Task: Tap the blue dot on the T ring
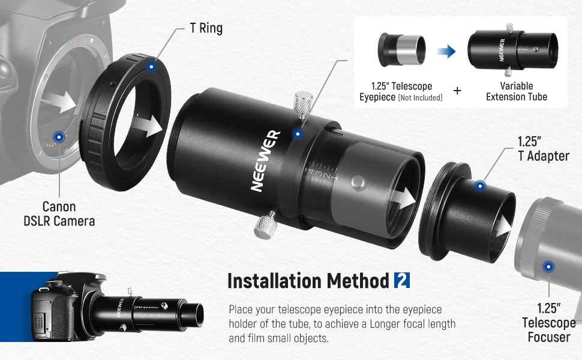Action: (152, 67)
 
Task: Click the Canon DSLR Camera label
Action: (59, 214)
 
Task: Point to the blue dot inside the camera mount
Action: (58, 136)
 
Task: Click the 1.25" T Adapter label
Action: (543, 149)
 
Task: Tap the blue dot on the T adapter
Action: (480, 187)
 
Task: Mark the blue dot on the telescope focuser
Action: (547, 268)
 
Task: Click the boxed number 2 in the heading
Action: (402, 280)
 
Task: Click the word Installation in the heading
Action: (275, 281)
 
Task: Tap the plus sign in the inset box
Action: (457, 91)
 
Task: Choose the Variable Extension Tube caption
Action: (517, 91)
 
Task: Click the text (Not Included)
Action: (420, 97)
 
